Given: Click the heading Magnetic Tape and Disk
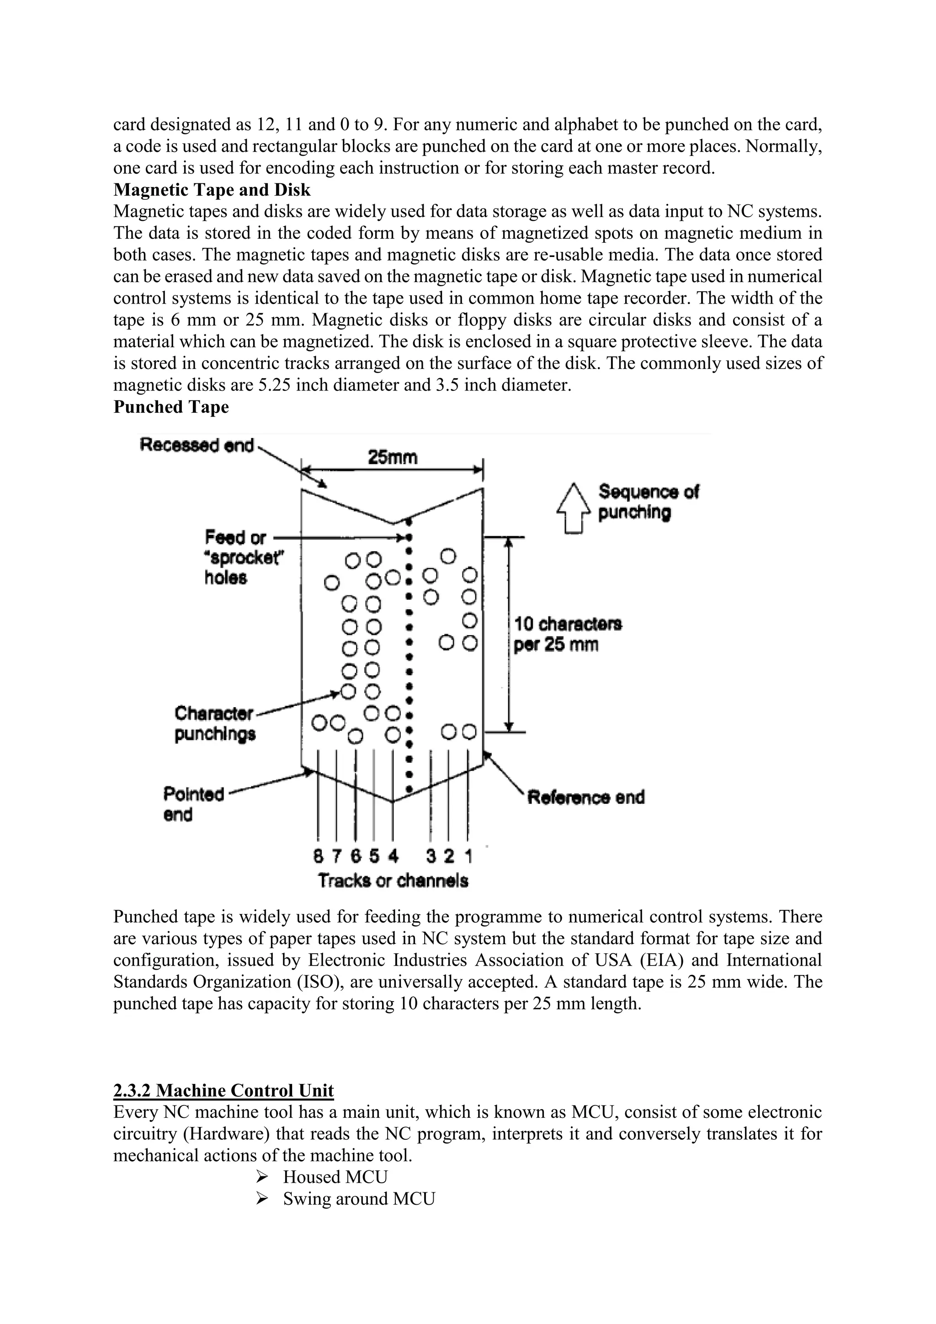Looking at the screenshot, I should coord(212,190).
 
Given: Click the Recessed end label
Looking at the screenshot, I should coord(197,446).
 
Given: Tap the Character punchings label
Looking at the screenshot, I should coord(214,724).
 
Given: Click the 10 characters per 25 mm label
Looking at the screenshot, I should coord(567,634).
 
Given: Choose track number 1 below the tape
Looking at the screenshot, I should coord(468,857).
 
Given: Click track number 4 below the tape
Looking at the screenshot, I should coord(393,857).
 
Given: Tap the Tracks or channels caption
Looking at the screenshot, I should coord(393,881).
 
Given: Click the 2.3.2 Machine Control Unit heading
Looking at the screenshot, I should coord(223,1090).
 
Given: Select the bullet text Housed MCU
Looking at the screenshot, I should coord(335,1177).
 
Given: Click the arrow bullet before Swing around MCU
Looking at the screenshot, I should coord(262,1199).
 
